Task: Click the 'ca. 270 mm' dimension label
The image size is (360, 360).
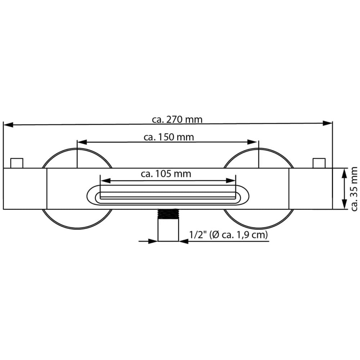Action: (x=177, y=120)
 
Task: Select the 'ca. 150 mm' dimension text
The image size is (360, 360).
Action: (x=169, y=137)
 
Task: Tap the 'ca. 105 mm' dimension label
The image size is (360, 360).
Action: (x=166, y=174)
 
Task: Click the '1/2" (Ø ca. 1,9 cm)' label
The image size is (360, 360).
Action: (x=229, y=235)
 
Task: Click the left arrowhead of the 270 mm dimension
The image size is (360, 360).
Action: (x=8, y=125)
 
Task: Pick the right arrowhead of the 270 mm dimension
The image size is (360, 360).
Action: (x=327, y=123)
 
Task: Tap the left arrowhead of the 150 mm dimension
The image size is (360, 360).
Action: (x=82, y=142)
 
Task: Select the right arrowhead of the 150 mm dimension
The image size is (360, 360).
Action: (x=252, y=142)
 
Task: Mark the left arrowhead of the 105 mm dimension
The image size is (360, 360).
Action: (x=105, y=181)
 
